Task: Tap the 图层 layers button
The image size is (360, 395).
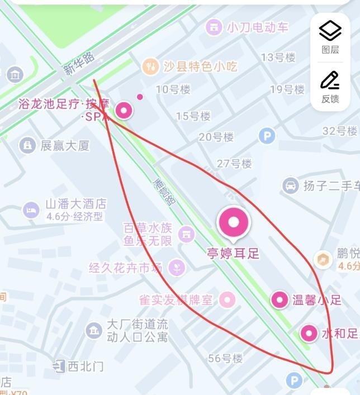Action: [x=330, y=36]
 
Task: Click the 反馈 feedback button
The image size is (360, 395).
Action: [x=330, y=87]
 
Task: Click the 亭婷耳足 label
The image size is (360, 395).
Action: [x=233, y=253]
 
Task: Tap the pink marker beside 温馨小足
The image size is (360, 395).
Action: [x=280, y=300]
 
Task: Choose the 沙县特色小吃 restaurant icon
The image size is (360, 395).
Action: [x=150, y=66]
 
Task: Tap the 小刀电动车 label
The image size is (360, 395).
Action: [x=258, y=27]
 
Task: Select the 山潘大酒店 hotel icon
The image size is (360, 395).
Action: [x=31, y=210]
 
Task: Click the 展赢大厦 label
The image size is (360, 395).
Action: [x=65, y=146]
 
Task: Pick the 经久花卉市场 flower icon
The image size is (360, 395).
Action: [x=177, y=267]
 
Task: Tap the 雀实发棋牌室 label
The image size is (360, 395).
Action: [x=176, y=300]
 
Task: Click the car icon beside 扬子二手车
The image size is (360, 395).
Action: [x=290, y=185]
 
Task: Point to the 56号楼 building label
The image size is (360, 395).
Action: [x=225, y=358]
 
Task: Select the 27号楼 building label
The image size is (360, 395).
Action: [x=234, y=164]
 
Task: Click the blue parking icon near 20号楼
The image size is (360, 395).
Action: [x=267, y=136]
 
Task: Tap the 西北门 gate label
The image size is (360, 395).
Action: [x=86, y=367]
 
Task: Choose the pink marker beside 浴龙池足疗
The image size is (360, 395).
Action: [x=123, y=110]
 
